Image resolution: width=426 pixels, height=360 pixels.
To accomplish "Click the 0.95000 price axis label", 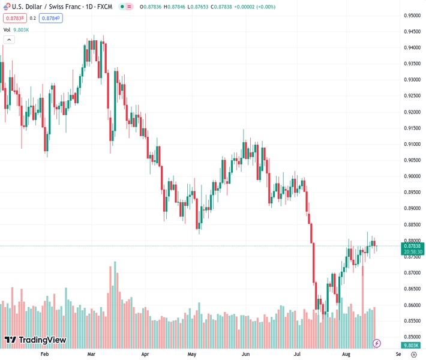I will coord(411,16).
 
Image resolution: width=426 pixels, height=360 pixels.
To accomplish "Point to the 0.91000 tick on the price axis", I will coord(411,144).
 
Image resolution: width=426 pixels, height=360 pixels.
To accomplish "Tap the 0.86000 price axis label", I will coord(411,305).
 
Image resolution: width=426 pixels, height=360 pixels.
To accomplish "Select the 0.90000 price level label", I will coord(411,176).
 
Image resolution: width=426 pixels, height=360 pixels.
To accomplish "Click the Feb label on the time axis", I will coord(44,354).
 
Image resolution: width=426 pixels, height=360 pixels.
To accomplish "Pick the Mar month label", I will coord(91,354).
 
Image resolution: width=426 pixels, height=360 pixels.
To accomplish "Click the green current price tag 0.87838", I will coord(413,246).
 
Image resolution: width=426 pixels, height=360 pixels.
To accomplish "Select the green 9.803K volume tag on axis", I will coord(411,345).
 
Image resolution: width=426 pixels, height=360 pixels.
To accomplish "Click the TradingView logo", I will coord(35,340).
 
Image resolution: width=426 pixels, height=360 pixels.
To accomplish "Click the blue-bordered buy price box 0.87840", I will coord(51,18).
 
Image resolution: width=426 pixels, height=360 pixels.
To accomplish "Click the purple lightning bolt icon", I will coord(377,343).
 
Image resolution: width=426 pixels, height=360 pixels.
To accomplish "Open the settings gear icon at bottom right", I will coord(413,354).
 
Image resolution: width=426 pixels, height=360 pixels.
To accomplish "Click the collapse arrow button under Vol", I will coord(8,40).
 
